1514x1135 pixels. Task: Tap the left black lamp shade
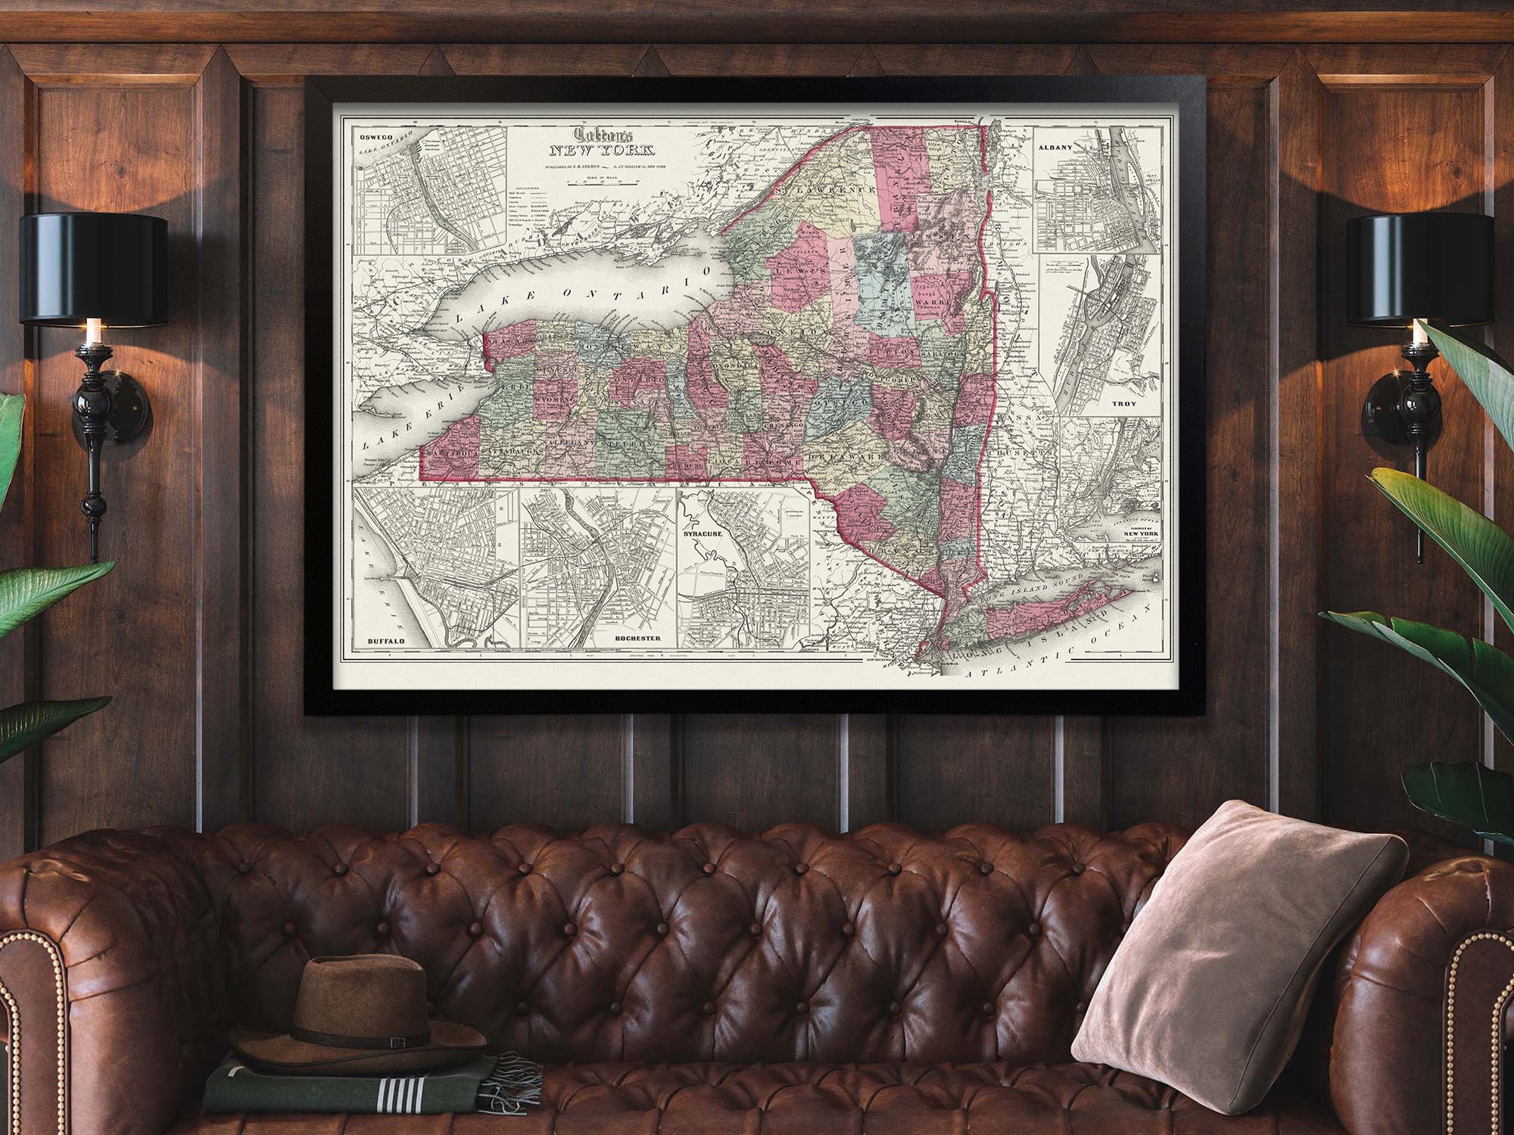click(x=93, y=269)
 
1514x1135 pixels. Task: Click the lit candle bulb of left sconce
click(x=92, y=331)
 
